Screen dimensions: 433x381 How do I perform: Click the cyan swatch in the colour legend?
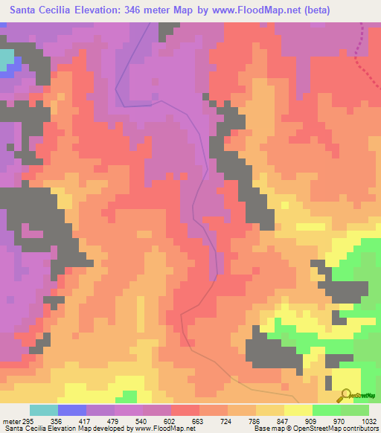click(44, 410)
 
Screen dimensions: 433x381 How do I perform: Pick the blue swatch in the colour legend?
click(72, 410)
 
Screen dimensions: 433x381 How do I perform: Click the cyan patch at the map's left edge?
click(7, 60)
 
